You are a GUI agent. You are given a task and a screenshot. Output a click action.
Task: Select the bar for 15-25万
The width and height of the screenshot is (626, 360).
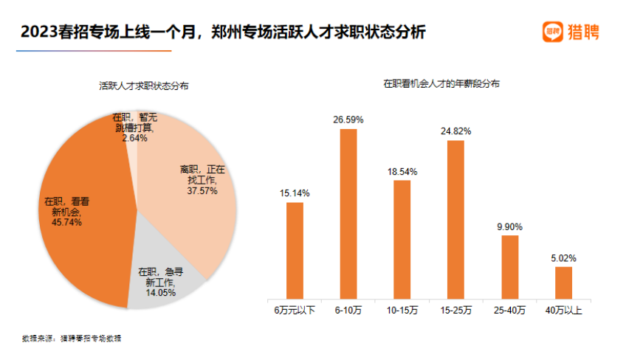(455, 219)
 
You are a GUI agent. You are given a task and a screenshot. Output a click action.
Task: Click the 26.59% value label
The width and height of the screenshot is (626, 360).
(348, 119)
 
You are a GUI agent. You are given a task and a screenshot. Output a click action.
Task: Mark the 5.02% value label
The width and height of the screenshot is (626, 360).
(563, 258)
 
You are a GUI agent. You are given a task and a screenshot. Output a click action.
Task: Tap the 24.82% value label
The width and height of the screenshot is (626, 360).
(455, 131)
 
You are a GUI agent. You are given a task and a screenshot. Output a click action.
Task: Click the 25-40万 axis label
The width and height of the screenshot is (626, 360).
(509, 311)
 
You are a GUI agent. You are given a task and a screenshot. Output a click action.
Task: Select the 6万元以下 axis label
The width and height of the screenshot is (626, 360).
(295, 311)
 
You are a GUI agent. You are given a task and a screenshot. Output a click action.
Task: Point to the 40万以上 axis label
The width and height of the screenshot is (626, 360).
(563, 311)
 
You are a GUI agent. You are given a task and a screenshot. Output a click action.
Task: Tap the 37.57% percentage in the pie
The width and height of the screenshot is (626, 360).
(202, 190)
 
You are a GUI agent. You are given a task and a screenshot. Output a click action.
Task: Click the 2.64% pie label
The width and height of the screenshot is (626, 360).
(135, 138)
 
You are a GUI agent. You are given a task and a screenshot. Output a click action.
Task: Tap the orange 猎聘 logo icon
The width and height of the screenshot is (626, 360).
(552, 31)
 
